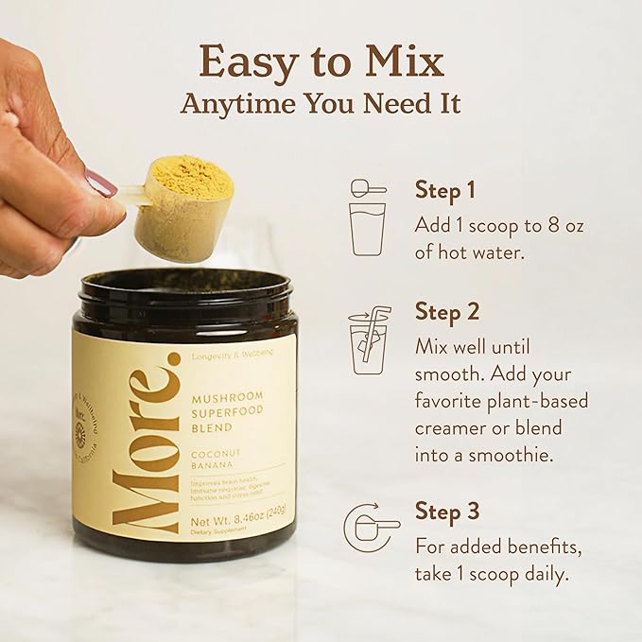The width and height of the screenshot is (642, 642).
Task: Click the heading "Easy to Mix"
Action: tap(321, 61)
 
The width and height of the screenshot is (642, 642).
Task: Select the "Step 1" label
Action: tap(444, 190)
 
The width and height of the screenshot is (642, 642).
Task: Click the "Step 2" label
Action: tap(447, 311)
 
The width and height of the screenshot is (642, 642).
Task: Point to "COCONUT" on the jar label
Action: tap(216, 453)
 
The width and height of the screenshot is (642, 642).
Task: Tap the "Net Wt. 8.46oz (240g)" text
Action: tap(240, 517)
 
